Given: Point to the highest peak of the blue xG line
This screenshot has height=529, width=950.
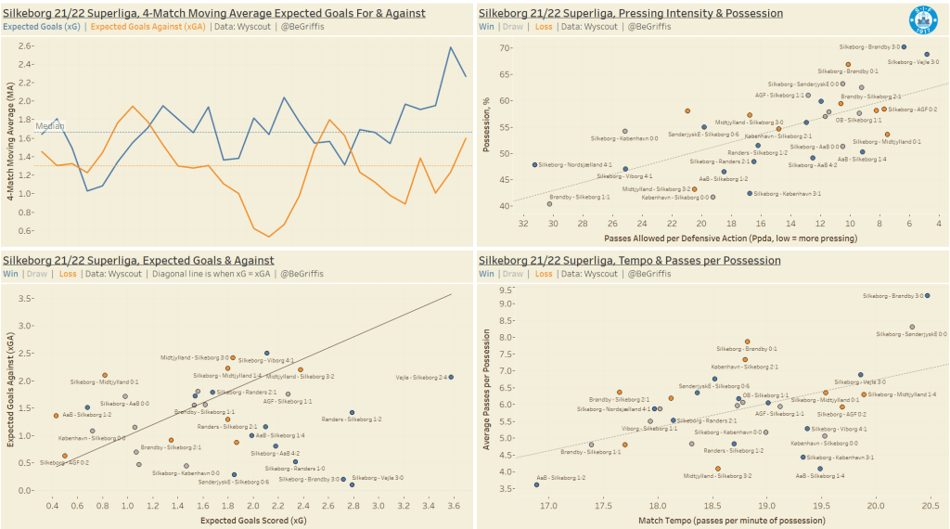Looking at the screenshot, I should pos(451,47).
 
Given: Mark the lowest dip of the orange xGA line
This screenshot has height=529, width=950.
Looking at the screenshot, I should pos(270,237).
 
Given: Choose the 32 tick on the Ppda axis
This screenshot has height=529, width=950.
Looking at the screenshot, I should pos(523,224).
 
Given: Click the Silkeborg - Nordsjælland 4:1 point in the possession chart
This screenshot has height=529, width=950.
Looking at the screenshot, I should pos(535,164).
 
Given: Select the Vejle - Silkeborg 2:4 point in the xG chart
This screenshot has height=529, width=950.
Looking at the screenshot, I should pos(451,377).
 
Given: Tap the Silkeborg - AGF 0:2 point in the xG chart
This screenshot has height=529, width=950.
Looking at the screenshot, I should pos(64,456).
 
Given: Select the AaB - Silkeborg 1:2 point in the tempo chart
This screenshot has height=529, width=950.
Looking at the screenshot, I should pos(536,484).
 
